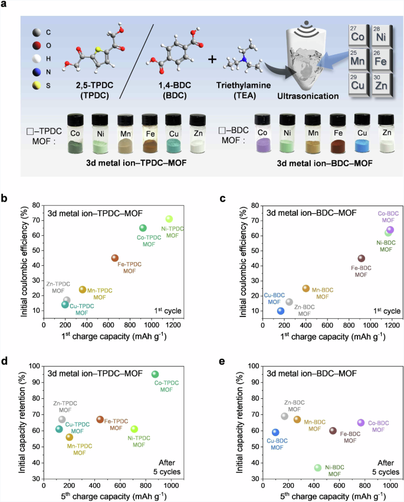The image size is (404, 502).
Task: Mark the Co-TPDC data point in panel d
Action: tap(155, 374)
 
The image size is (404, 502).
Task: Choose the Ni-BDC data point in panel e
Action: tap(318, 467)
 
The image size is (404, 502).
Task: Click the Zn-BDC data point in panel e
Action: tap(284, 416)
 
